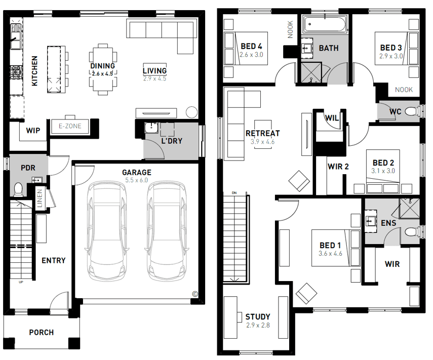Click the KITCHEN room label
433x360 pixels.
point(34,71)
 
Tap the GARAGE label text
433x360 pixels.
point(137,173)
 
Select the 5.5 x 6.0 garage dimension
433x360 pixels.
point(137,180)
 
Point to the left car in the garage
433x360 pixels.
point(107,231)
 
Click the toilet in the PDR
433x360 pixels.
point(18,189)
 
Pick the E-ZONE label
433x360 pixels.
point(70,126)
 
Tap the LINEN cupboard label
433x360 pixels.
point(40,198)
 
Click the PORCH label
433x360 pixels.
point(42,332)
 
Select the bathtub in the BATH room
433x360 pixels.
point(325,25)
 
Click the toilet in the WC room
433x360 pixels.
point(411,112)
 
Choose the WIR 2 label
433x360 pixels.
point(338,167)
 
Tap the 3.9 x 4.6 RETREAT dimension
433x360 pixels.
point(263,142)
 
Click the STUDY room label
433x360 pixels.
point(258,316)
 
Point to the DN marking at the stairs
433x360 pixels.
point(234,193)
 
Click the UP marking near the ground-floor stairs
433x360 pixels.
point(21,282)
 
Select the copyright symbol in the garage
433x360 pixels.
point(194,294)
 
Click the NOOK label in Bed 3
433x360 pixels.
point(404,90)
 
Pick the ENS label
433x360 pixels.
point(388,223)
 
